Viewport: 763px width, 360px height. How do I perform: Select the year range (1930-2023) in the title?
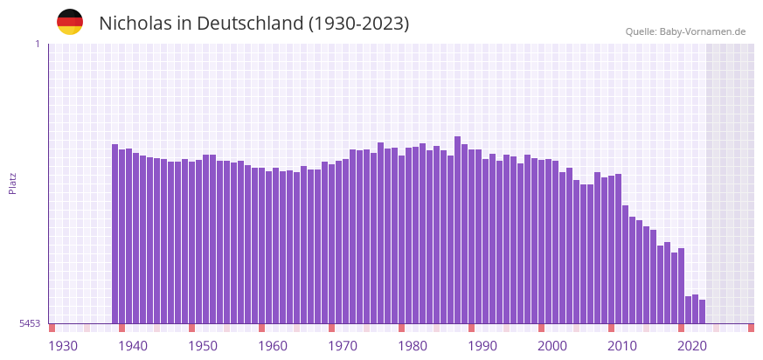(x=358, y=24)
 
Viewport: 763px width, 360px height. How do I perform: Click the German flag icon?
(x=70, y=22)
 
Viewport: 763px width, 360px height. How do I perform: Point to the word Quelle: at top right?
(x=641, y=31)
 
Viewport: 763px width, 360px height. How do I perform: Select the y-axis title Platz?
(x=13, y=183)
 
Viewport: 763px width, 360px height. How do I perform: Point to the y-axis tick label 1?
(x=37, y=44)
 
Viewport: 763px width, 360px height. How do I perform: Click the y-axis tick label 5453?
(x=30, y=323)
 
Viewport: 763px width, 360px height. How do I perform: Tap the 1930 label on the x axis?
(x=63, y=346)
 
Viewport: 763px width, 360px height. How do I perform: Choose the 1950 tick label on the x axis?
(x=203, y=346)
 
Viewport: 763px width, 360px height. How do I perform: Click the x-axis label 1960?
(x=273, y=346)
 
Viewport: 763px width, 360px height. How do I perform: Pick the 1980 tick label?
(x=413, y=346)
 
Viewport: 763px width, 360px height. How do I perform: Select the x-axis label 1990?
(x=482, y=346)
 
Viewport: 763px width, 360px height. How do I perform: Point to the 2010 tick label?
(x=622, y=346)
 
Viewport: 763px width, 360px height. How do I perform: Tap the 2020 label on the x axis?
(x=692, y=346)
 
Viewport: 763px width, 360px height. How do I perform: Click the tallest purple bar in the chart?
(x=457, y=229)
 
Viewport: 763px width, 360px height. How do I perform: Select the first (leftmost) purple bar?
(x=114, y=233)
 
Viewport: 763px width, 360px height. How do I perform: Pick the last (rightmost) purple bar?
(x=702, y=311)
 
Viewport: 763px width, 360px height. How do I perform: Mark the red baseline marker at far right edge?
(x=751, y=328)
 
